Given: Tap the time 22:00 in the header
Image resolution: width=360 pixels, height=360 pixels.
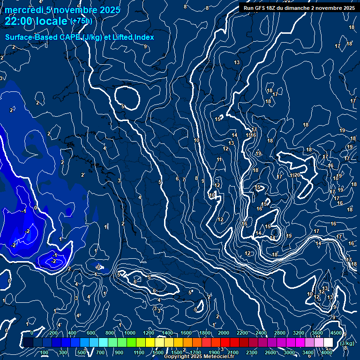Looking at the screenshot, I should click(x=21, y=21).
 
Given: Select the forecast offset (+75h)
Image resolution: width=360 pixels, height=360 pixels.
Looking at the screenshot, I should click(x=81, y=21).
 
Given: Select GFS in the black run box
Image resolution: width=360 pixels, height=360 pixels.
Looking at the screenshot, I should click(x=261, y=8).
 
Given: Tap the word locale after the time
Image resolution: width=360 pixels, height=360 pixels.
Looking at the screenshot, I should click(x=52, y=21).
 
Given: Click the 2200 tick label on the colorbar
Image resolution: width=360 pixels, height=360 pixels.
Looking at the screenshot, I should click(x=242, y=333).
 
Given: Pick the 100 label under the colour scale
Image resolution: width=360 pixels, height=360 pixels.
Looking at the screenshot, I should click(x=45, y=352).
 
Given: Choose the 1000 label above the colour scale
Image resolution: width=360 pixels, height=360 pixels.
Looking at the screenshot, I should click(x=130, y=333).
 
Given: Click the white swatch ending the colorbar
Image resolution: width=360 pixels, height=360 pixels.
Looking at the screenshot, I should click(x=328, y=343).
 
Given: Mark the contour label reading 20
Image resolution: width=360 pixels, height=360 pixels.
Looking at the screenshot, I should click(x=297, y=175).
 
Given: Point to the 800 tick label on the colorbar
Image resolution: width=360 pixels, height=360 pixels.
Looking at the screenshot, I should click(x=110, y=333).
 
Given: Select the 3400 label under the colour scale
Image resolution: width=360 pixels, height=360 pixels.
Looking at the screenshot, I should click(x=308, y=352).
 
